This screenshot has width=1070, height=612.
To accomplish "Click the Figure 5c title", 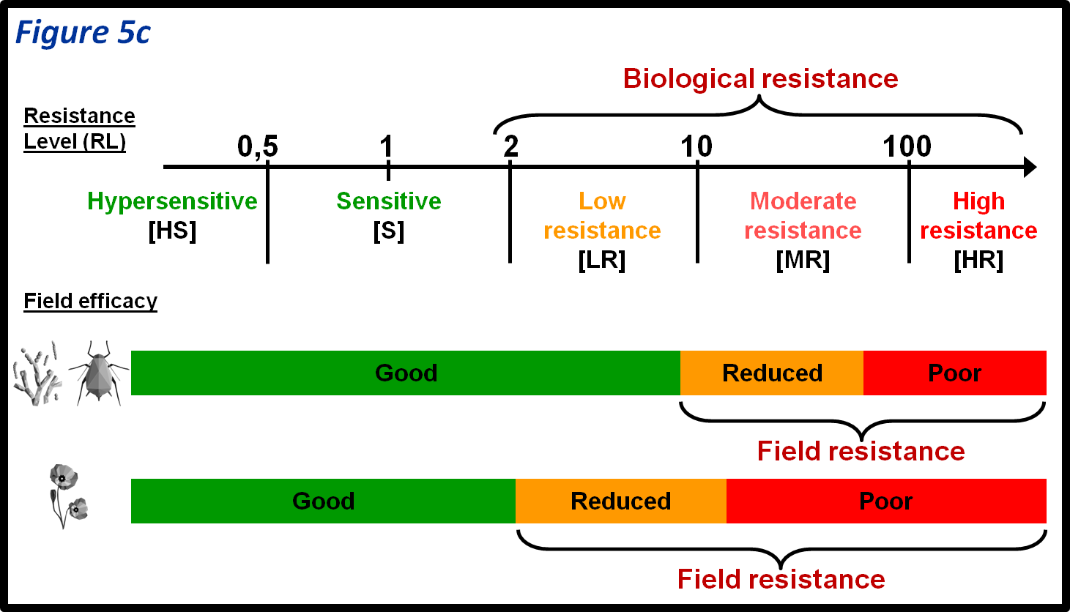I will coord(83,33).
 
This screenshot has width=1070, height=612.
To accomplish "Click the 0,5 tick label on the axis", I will coord(258,147).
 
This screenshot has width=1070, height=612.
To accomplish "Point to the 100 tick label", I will coord(907,147).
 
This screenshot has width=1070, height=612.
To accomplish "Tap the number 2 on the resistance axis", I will coord(510,147).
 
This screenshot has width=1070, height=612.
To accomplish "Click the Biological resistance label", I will coord(760,78).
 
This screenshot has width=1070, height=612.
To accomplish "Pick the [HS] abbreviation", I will coord(172,231).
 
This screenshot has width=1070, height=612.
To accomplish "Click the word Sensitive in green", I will coord(388,201).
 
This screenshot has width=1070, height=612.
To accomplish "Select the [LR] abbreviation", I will coord(601,260).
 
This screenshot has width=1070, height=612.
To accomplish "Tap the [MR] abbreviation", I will coord(803,260).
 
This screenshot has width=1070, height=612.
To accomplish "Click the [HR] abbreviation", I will coord(978,260).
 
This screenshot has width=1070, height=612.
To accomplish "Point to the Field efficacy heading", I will coord(90,301).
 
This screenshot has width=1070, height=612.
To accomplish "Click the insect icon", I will coord(98,373).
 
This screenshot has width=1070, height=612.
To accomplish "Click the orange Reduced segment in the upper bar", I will coord(772,373).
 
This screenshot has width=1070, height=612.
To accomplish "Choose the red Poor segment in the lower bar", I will coord(886,501).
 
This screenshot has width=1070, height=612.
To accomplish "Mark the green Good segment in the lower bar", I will coord(323,501).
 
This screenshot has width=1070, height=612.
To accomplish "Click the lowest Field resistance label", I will coord(781,579).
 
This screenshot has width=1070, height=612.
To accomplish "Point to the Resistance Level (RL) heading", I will coord(79,128).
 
